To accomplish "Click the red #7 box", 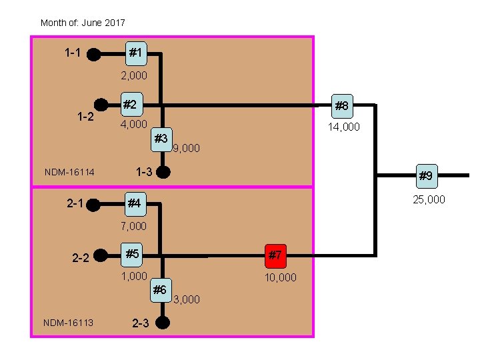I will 275,255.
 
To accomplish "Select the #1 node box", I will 135,52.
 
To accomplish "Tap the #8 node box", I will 341,105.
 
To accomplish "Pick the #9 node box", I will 425,176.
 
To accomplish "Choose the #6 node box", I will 160,290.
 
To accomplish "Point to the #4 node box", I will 135,203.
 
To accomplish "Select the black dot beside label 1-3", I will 164,172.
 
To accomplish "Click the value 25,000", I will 429,199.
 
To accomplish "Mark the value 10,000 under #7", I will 281,277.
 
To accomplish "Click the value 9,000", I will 186,149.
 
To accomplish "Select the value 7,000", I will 133,227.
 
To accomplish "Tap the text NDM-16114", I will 69,173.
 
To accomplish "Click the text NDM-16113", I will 68,323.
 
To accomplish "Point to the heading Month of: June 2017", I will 83,23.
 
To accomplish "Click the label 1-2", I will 85,117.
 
